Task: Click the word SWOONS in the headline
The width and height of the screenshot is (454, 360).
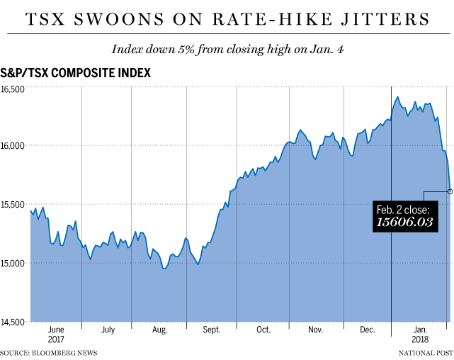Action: (x=123, y=18)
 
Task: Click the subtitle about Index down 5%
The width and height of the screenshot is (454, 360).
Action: (x=227, y=50)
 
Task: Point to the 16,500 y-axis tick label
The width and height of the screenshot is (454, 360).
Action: (x=13, y=89)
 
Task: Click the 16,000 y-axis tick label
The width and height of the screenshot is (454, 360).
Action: (x=13, y=147)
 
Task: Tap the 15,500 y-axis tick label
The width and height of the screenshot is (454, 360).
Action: (x=13, y=205)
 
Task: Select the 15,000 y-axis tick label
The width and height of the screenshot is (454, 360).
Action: (x=13, y=264)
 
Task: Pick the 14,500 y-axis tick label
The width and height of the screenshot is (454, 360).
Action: (x=13, y=322)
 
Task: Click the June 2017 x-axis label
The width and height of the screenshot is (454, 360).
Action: (x=56, y=334)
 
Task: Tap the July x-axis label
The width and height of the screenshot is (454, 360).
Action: (x=108, y=330)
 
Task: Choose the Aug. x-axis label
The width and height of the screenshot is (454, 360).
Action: (x=160, y=330)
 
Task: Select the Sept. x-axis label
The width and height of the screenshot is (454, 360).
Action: (x=212, y=330)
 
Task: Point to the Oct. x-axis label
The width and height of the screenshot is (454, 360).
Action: (x=263, y=330)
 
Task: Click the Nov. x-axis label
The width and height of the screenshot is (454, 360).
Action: (x=315, y=330)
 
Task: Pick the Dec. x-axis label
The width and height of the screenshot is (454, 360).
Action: (x=367, y=330)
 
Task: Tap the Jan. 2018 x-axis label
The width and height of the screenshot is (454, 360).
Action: (x=420, y=334)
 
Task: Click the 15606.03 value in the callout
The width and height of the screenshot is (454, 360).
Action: (x=404, y=223)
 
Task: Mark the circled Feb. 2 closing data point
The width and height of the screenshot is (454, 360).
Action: (x=450, y=191)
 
